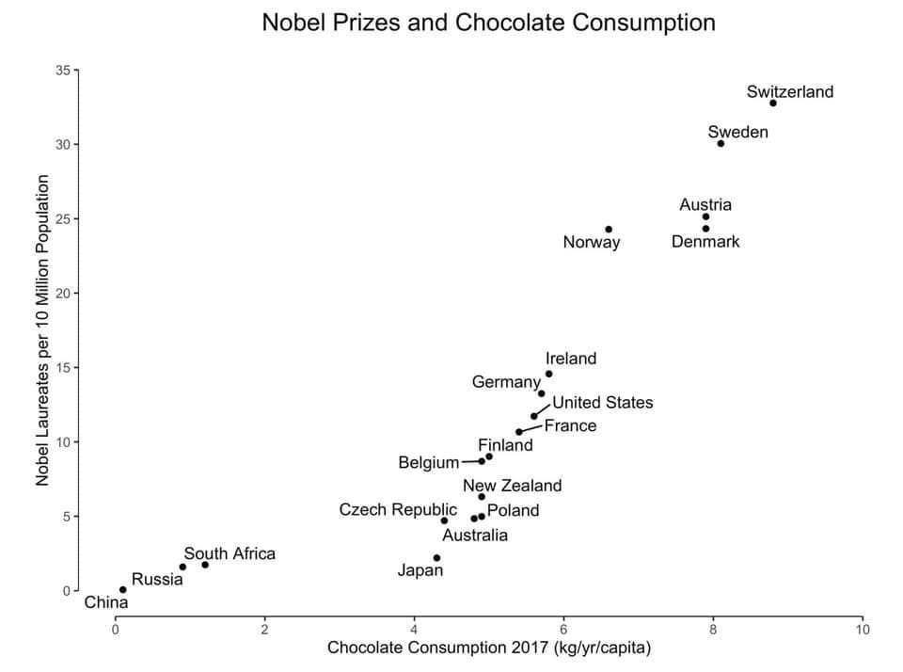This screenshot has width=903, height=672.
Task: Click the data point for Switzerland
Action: pyautogui.click(x=773, y=103)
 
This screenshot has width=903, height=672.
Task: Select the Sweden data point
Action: pyautogui.click(x=721, y=143)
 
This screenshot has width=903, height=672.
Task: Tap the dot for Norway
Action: pyautogui.click(x=609, y=229)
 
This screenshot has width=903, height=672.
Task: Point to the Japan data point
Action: pyautogui.click(x=436, y=558)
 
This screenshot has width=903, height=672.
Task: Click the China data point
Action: pyautogui.click(x=122, y=590)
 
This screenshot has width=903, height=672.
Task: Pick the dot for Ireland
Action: pyautogui.click(x=548, y=374)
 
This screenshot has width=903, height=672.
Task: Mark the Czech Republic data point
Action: pyautogui.click(x=444, y=520)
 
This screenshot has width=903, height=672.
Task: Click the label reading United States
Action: pyautogui.click(x=602, y=403)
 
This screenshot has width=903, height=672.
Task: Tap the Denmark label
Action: pyautogui.click(x=705, y=242)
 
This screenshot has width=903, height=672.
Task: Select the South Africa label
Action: pyautogui.click(x=230, y=553)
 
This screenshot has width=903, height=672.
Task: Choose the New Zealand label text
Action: pyautogui.click(x=512, y=486)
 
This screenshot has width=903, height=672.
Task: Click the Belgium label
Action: pyautogui.click(x=429, y=462)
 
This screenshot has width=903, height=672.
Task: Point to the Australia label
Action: pyautogui.click(x=475, y=536)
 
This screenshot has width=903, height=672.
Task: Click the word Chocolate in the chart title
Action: pyautogui.click(x=508, y=22)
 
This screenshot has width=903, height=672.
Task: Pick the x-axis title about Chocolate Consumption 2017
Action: pyautogui.click(x=489, y=648)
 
